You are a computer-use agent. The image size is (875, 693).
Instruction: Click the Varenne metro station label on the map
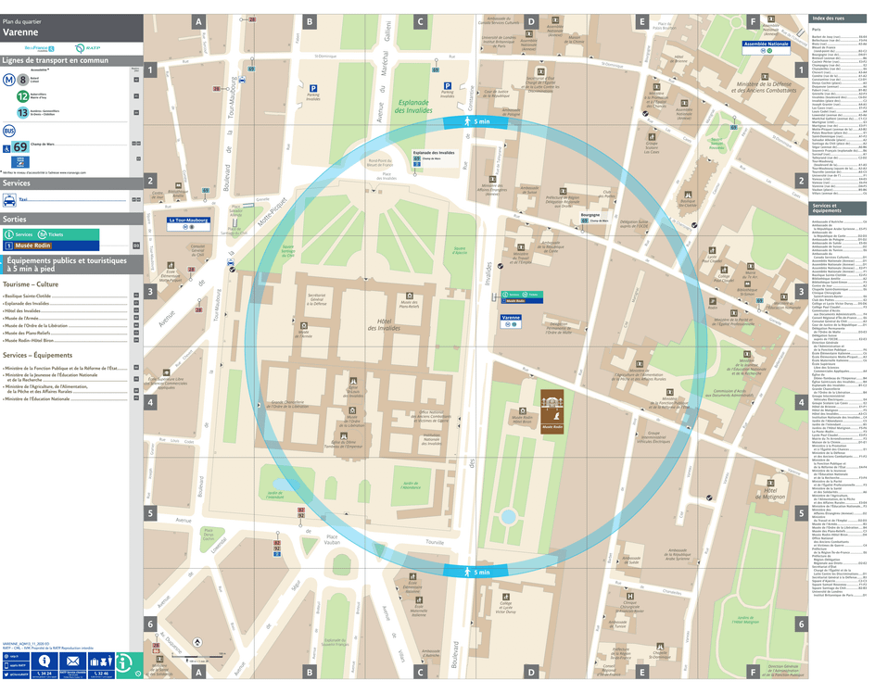point(511,317)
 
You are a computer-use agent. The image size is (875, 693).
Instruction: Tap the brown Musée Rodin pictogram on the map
point(553,404)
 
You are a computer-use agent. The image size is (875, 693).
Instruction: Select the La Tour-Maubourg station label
point(188,220)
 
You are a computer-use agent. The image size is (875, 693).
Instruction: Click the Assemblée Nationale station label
point(767,44)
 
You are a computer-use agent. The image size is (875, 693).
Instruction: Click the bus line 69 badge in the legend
point(20,146)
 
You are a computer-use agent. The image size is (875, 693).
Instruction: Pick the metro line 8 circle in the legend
point(22,80)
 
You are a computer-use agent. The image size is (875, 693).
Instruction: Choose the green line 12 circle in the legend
point(22,95)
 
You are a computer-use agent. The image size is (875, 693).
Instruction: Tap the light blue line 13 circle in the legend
point(22,112)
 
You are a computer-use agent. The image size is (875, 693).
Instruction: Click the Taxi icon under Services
point(10,199)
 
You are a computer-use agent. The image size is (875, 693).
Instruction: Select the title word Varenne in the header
point(20,31)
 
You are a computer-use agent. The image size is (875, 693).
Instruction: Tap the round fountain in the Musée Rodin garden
point(508,515)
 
